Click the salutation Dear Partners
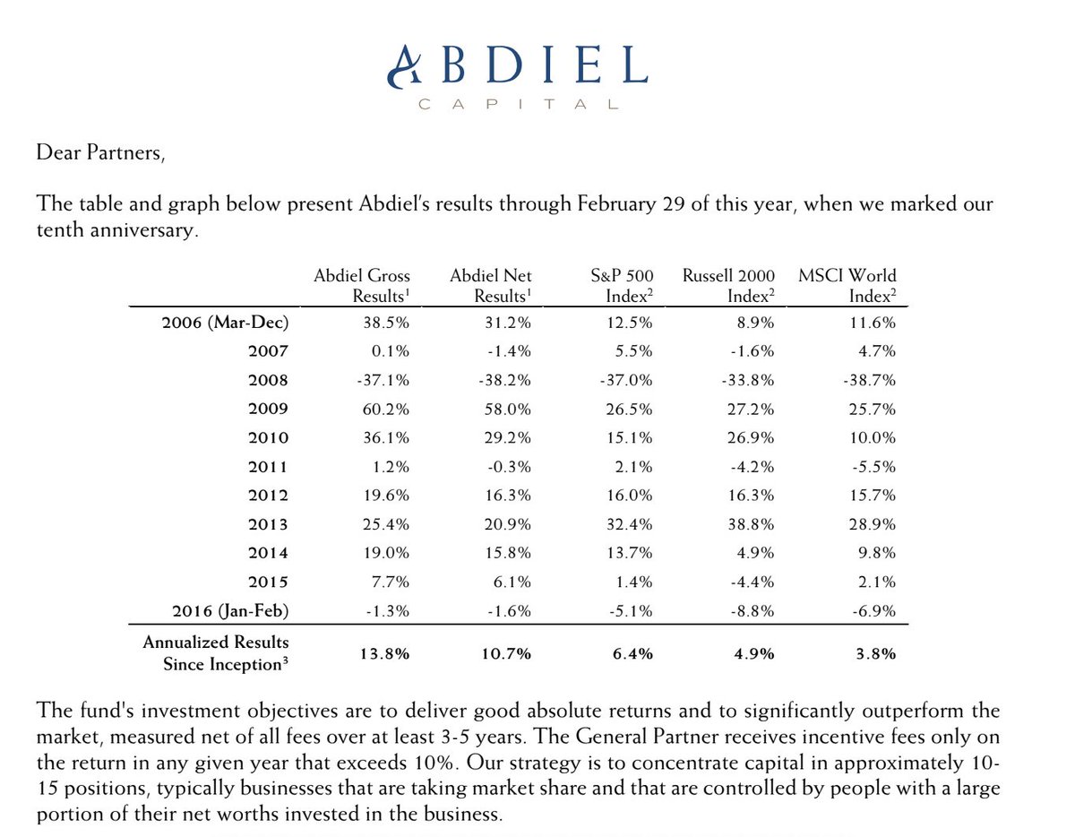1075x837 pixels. (x=100, y=153)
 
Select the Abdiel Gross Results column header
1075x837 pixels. (x=362, y=286)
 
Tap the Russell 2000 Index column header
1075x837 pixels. (x=728, y=286)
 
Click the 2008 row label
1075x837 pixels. (x=268, y=380)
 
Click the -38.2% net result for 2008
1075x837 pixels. (x=507, y=380)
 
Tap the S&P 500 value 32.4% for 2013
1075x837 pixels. (x=630, y=524)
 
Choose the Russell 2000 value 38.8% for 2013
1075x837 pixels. (x=752, y=524)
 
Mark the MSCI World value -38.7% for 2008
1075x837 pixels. (x=869, y=380)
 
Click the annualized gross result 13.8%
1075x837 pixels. (x=387, y=653)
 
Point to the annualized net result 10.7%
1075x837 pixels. (x=508, y=653)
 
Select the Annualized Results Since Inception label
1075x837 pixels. (x=216, y=653)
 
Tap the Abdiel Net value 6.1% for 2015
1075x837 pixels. (x=515, y=582)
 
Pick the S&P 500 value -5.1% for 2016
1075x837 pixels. (x=632, y=611)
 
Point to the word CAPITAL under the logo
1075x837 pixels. (x=519, y=104)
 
